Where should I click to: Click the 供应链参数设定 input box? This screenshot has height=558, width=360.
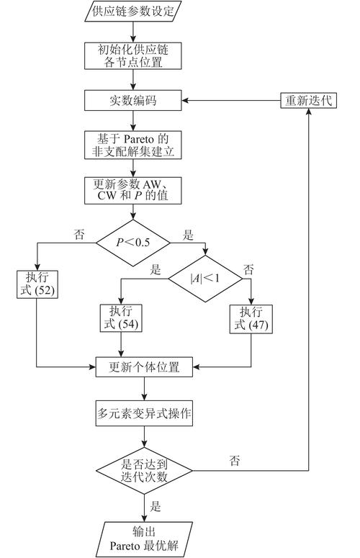click(133, 12)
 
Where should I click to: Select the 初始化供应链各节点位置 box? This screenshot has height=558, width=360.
click(133, 56)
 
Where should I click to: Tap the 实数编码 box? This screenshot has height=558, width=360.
click(133, 101)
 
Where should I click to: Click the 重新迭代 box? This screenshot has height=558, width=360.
click(308, 101)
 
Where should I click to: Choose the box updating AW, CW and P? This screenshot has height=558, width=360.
click(133, 190)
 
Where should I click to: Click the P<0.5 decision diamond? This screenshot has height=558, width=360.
click(133, 243)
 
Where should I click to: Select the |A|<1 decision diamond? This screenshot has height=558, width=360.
click(205, 277)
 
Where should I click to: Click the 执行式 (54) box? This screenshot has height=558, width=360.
click(120, 318)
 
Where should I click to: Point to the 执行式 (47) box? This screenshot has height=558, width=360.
click(251, 318)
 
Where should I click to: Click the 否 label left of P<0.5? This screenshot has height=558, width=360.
click(78, 234)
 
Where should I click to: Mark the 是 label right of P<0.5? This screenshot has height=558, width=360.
click(189, 234)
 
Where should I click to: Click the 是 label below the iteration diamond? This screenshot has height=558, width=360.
click(155, 507)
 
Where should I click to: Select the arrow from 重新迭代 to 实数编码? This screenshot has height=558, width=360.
click(230, 101)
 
